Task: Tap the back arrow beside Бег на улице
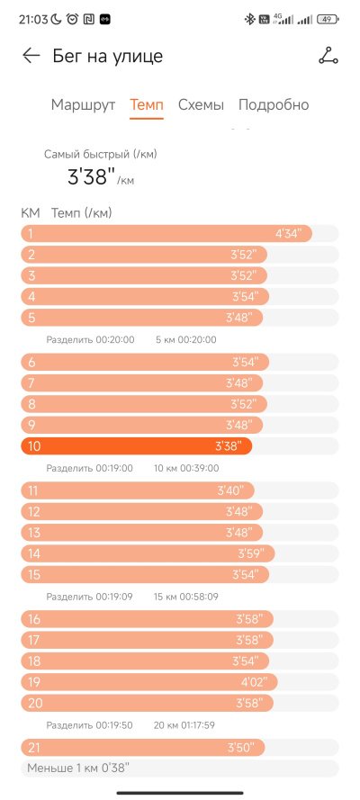(31, 56)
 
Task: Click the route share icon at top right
(328, 56)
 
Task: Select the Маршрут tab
(83, 105)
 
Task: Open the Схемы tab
(201, 105)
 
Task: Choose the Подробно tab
(274, 105)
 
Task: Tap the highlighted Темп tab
(147, 105)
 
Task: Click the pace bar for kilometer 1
(166, 234)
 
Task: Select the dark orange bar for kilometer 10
(137, 446)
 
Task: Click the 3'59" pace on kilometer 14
(250, 553)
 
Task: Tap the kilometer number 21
(33, 748)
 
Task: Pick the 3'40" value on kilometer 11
(230, 490)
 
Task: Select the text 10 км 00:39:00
(186, 468)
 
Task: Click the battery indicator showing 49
(328, 20)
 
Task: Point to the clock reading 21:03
(33, 20)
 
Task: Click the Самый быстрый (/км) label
(101, 154)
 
